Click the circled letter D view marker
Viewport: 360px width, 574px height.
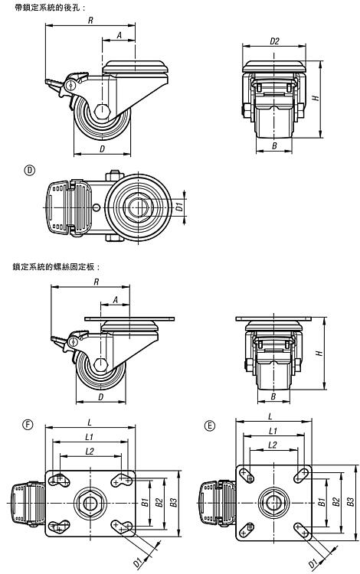(29, 170)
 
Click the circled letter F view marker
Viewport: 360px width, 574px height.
(28, 424)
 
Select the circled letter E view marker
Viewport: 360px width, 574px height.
(209, 426)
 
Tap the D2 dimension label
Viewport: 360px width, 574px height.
(274, 41)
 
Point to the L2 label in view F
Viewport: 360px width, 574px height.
(90, 451)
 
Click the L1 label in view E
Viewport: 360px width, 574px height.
(273, 430)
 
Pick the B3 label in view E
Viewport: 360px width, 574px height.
(351, 501)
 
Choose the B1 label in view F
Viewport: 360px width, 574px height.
(145, 502)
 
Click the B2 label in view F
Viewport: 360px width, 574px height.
(159, 502)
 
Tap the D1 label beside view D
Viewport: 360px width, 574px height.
(179, 207)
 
